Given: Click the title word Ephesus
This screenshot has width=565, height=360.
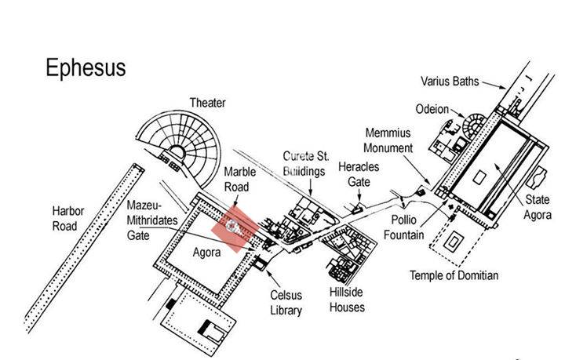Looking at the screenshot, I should pos(85,67).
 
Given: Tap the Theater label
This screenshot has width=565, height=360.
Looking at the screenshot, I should pos(207,103).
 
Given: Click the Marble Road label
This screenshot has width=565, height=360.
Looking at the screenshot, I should pos(236,179).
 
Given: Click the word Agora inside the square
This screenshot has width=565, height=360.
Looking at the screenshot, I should pos(206,253).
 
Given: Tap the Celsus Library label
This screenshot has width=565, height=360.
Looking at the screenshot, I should pos(286,303).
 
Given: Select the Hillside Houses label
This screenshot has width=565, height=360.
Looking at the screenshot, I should pos(347,299).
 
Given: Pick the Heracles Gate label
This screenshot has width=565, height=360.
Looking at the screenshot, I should pos(354,174).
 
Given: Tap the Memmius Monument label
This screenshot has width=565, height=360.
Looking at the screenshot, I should pos(388,140).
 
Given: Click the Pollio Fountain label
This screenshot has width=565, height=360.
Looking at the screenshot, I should pos(405,228).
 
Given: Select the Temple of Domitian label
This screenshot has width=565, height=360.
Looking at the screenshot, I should pos(454,275).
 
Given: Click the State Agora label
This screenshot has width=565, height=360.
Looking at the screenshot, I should pos(538,207).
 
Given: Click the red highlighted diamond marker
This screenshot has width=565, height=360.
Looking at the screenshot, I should pos(235,227).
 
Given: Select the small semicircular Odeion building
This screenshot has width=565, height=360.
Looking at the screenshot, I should pos(474,125).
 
